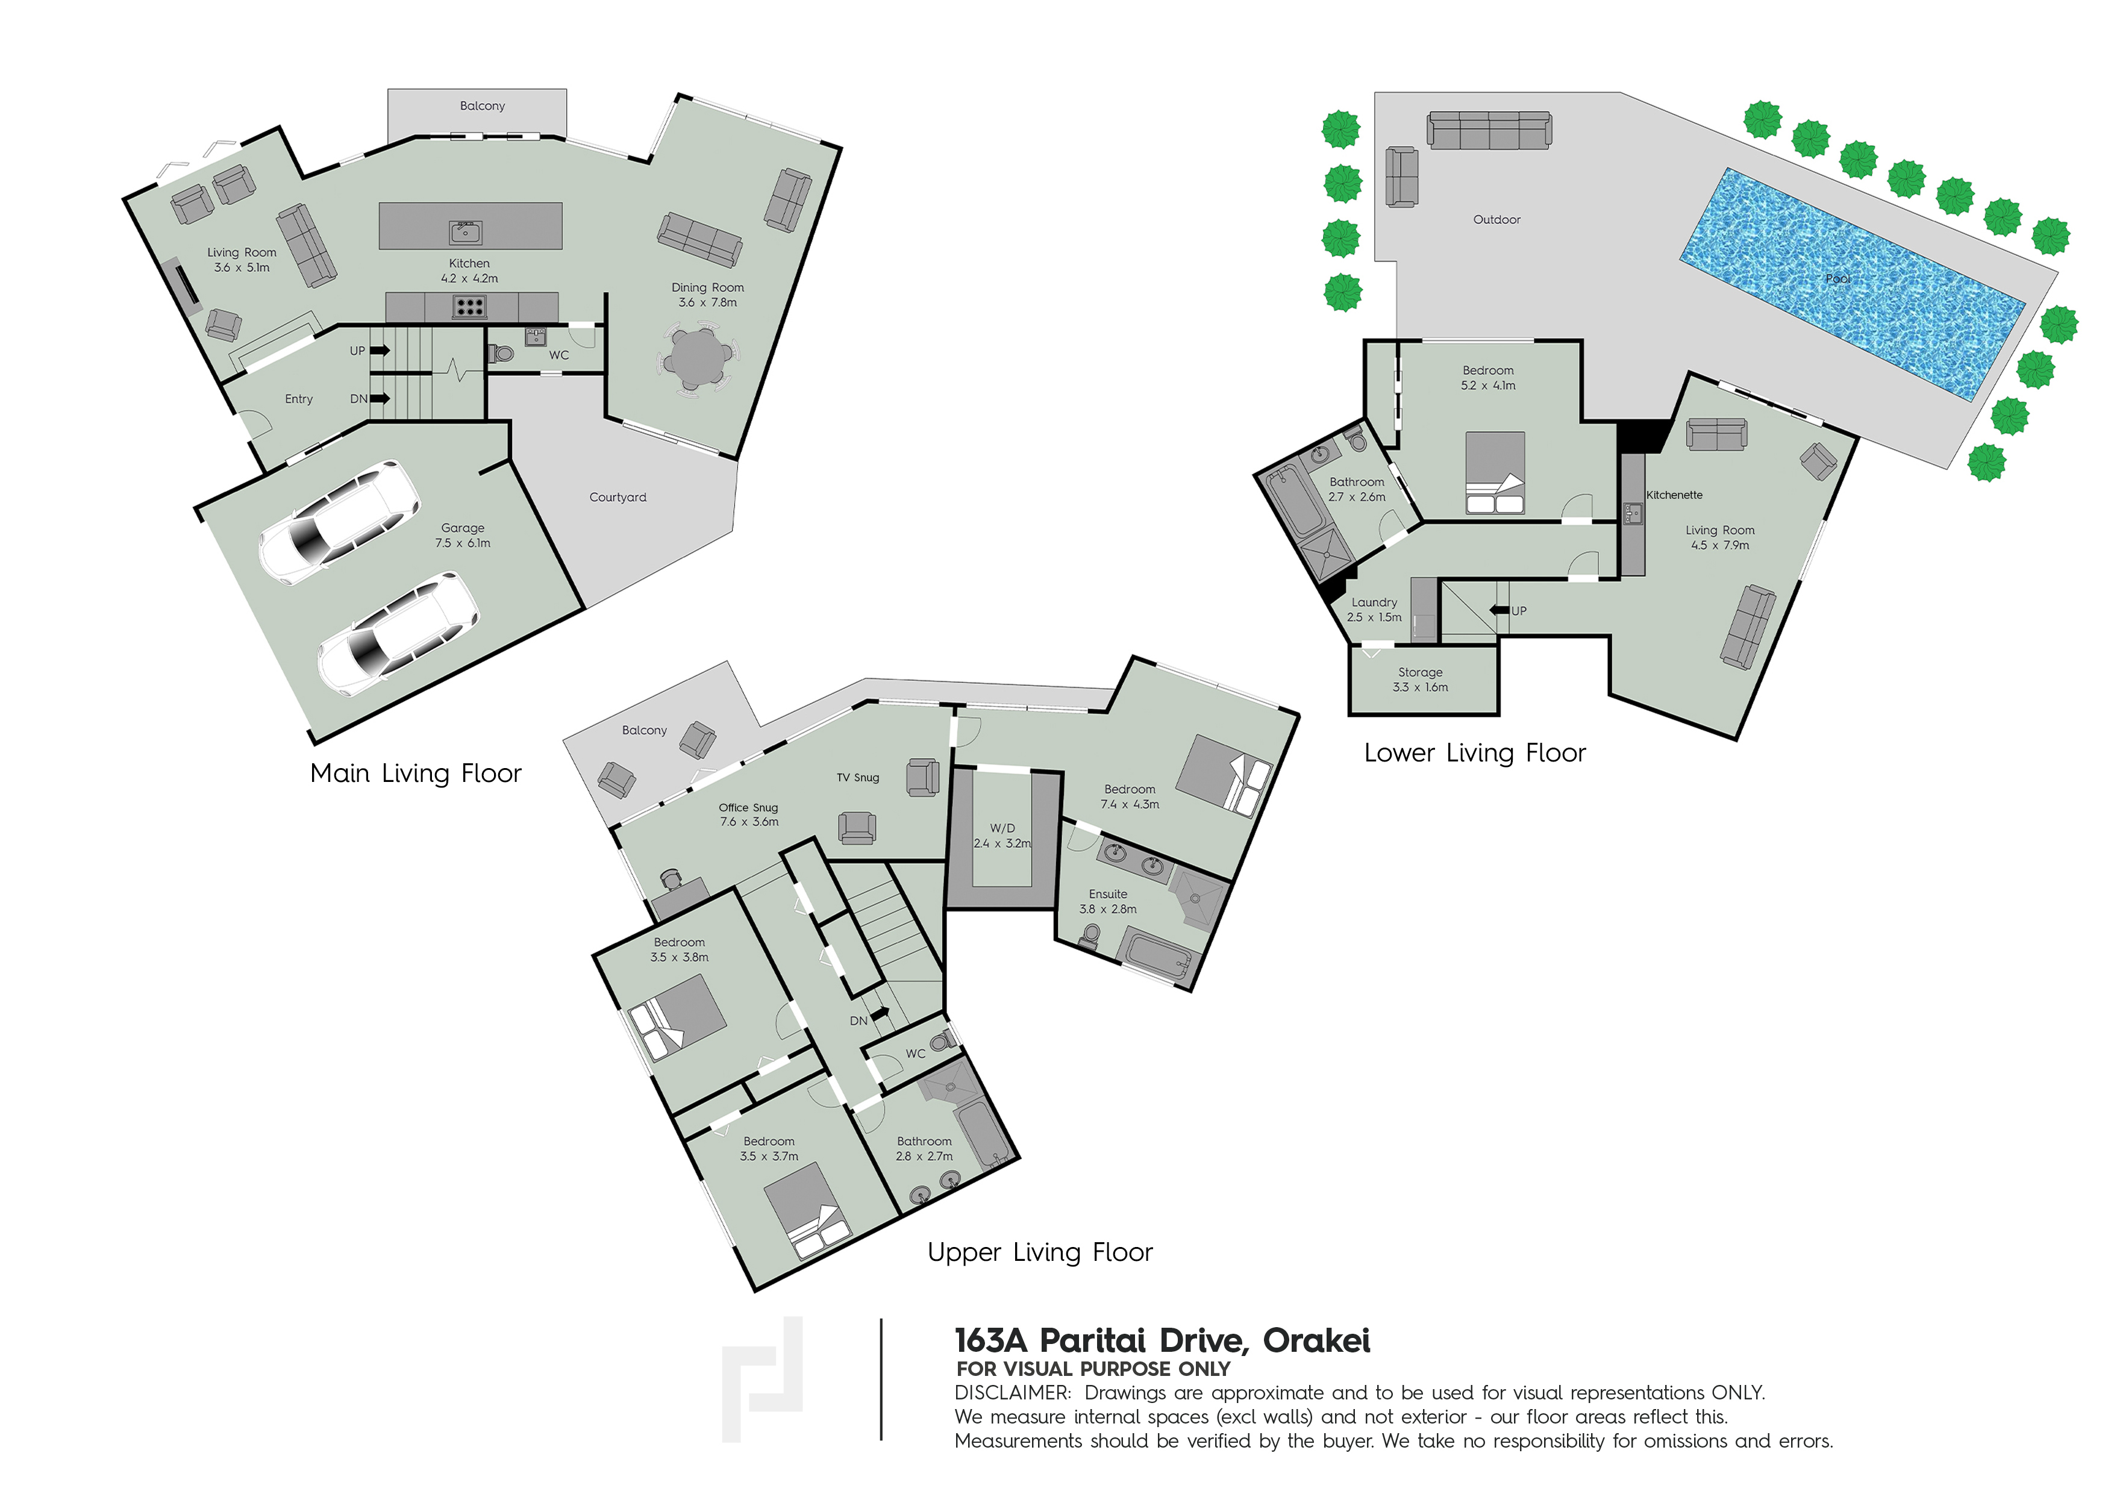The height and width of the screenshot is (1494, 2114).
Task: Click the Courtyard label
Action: pos(617,497)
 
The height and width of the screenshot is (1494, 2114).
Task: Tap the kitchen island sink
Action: pos(465,232)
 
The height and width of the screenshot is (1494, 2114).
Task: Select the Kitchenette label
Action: pos(1674,495)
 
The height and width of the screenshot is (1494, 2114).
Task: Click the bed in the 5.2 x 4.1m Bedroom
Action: pos(1494,472)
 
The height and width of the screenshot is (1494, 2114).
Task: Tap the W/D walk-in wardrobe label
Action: pos(1002,828)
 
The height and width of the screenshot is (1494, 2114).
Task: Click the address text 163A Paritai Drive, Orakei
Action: pos(1162,1341)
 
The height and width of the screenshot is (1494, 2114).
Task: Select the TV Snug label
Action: pos(857,778)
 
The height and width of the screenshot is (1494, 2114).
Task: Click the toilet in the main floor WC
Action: pos(500,354)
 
